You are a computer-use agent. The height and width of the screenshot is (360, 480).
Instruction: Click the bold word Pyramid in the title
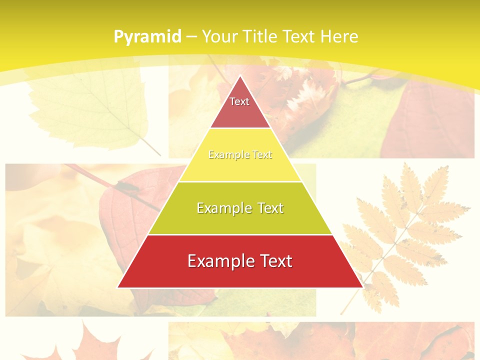[147, 36]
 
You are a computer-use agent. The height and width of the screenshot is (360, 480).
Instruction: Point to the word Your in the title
[220, 36]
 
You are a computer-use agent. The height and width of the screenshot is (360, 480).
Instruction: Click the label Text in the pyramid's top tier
[239, 101]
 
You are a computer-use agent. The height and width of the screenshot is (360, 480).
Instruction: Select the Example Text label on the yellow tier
[240, 155]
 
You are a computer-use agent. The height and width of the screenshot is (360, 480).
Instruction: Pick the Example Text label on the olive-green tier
[240, 208]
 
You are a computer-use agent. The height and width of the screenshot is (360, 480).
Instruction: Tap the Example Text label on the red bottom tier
[240, 261]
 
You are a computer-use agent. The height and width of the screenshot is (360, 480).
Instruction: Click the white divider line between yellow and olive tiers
[240, 181]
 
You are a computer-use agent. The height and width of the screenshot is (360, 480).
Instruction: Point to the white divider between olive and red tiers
[240, 234]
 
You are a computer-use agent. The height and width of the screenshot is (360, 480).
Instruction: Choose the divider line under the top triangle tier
[240, 128]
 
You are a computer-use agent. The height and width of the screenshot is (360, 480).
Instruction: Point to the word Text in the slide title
[298, 36]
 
